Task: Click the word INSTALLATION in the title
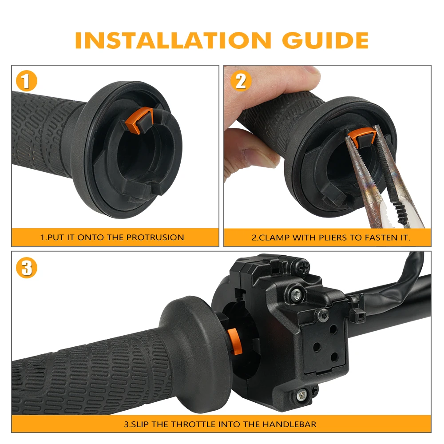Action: (173, 40)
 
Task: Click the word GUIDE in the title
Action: (325, 40)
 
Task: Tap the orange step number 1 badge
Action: (26, 81)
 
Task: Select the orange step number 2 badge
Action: (241, 81)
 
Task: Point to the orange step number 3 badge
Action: (26, 268)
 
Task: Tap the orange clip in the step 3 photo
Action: (234, 341)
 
